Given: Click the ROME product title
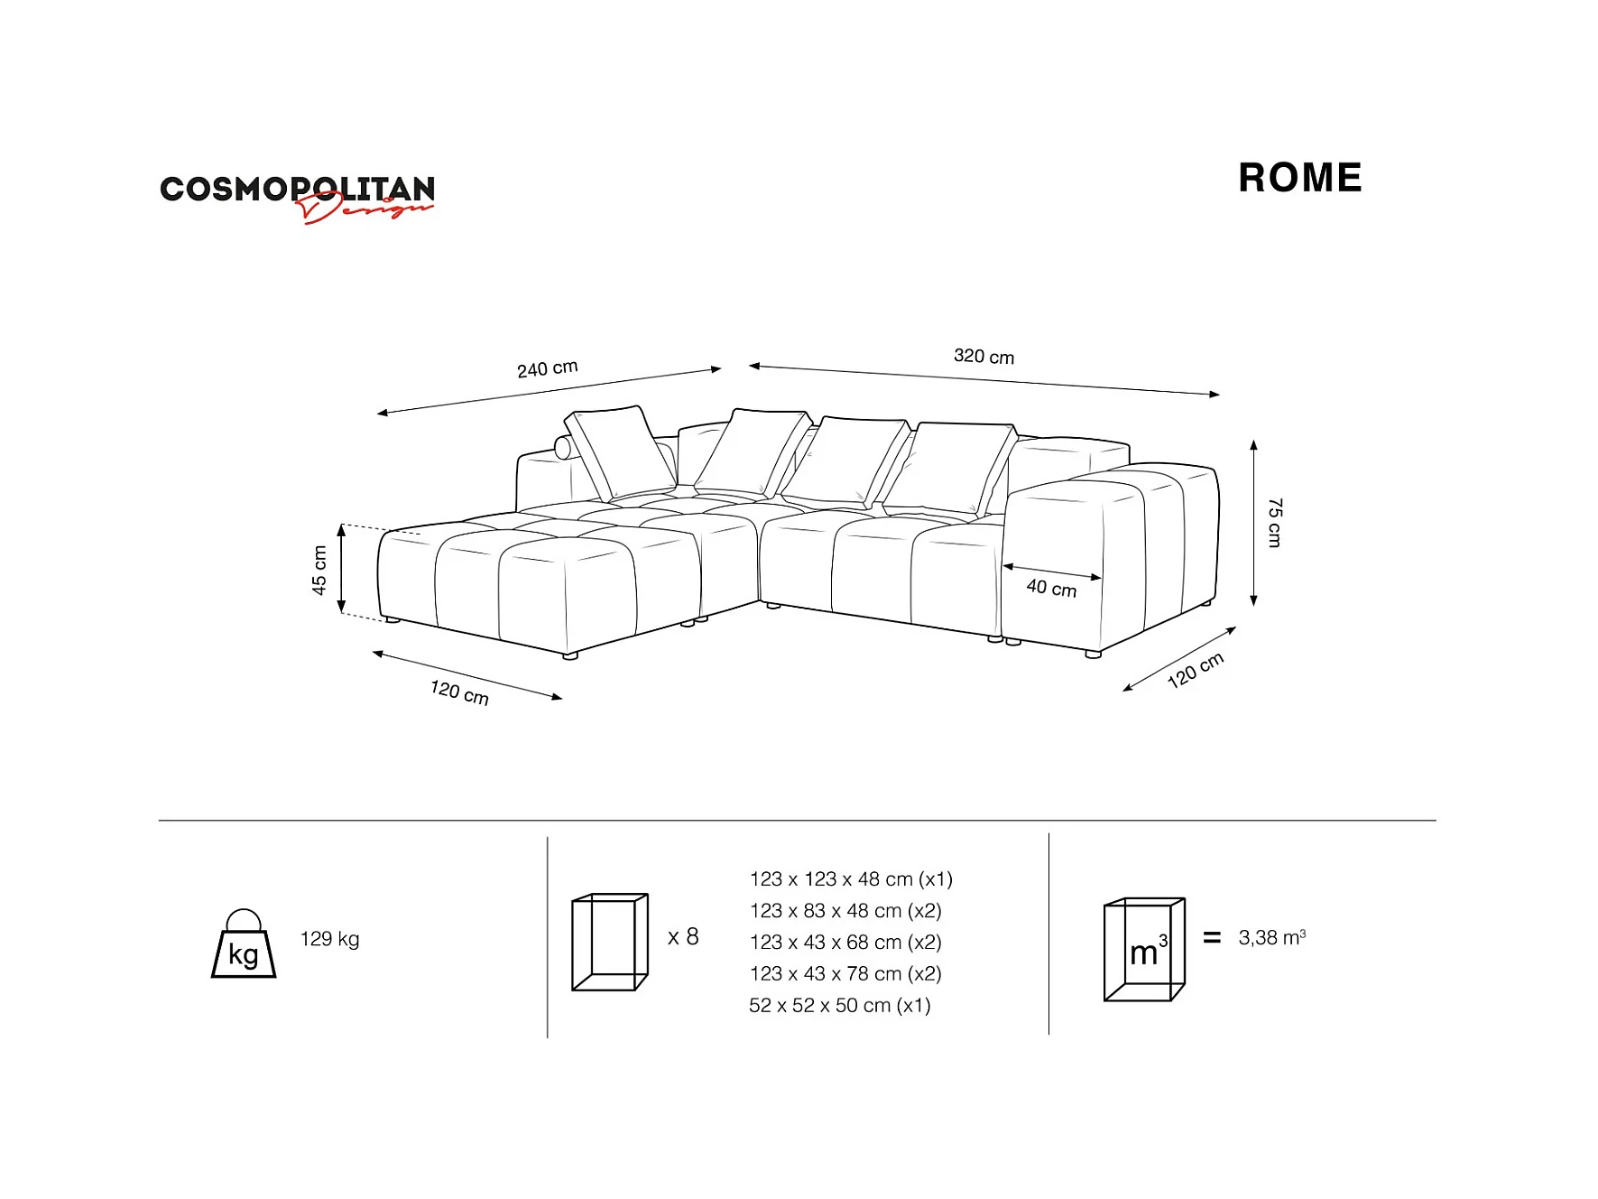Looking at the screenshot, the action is coord(1299,178).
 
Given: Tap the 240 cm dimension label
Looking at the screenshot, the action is coord(547,368).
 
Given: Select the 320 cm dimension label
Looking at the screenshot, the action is coord(984,357).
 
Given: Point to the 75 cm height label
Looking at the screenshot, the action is coord(1274,522).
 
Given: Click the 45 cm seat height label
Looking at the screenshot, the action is coord(319,571).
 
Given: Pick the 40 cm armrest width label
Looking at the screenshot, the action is coord(1051,589).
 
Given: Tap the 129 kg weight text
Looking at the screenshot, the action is coord(329,939).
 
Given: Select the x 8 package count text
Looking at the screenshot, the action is coord(683,937).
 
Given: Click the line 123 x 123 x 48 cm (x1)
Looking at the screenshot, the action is coord(851,879).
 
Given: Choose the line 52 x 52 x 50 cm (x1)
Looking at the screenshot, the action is coord(839,1006).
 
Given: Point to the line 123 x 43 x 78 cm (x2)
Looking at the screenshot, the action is coord(845,974).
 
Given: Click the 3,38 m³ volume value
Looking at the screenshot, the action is coord(1271,938).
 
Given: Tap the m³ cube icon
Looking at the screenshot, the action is coord(1144,950).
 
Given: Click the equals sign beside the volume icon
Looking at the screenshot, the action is coord(1212,938).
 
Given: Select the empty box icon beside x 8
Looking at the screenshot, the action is coord(610,943).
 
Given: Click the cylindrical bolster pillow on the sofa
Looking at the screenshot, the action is coord(563,447).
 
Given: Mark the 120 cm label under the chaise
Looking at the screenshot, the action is coord(459,692).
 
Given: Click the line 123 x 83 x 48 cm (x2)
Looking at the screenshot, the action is coord(845,911).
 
